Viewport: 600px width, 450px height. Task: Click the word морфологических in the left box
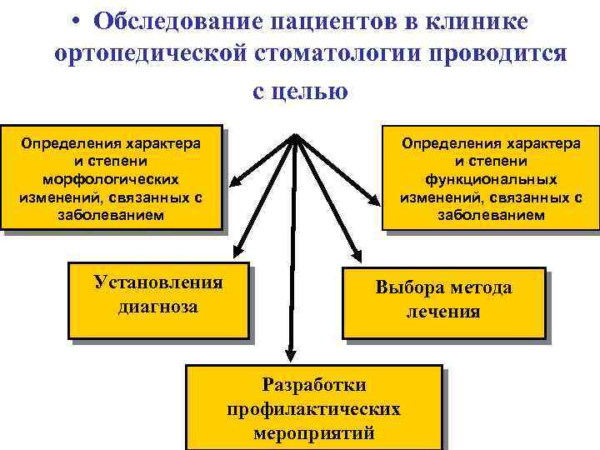[112, 179]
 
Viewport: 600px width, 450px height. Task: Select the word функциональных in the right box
[492, 179]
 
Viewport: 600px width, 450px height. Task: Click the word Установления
[158, 282]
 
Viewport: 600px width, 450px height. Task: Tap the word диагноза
[158, 307]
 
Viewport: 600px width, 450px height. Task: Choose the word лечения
[443, 312]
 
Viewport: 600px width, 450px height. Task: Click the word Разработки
[313, 384]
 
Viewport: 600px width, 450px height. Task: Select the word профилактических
[313, 409]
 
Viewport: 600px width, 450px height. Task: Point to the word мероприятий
[313, 433]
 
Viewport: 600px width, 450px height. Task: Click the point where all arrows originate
[295, 136]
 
